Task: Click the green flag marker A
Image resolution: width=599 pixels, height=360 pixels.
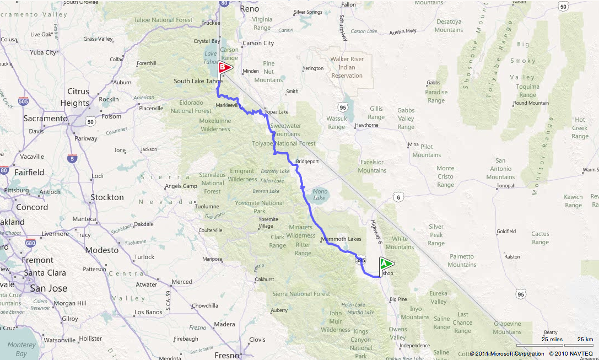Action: (x=386, y=264)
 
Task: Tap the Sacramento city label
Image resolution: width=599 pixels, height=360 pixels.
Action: (x=45, y=119)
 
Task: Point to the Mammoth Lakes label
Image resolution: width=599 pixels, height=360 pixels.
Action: (x=341, y=239)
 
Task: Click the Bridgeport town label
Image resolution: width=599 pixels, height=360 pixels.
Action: (x=307, y=162)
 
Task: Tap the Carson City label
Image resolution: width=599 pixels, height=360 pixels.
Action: (x=258, y=43)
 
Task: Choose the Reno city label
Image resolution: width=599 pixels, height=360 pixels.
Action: (x=250, y=9)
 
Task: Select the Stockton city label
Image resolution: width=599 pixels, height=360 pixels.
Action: (x=107, y=197)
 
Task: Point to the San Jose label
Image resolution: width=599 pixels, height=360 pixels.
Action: (x=50, y=288)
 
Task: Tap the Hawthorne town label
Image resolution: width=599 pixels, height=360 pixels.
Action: (x=366, y=125)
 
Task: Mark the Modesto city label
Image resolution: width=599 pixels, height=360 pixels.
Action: (x=102, y=250)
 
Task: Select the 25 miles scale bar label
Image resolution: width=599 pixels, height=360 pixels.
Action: (x=552, y=339)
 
